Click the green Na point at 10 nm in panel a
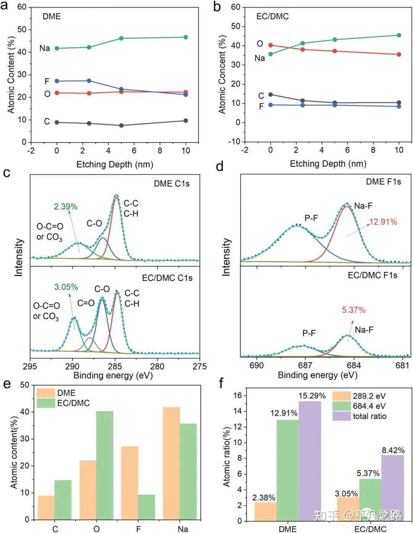point(186,37)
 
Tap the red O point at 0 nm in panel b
point(270,45)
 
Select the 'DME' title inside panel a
point(52,16)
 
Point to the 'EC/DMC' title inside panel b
point(272,16)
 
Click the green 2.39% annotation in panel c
point(65,207)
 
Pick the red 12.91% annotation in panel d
point(383,221)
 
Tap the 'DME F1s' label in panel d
point(383,182)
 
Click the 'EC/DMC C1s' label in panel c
point(167,278)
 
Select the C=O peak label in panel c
point(86,303)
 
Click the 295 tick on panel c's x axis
point(30,366)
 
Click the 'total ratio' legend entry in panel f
point(369,416)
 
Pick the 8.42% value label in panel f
point(393,450)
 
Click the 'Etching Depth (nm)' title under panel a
point(115,164)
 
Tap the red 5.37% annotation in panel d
point(353,310)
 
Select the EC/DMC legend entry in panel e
point(73,403)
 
